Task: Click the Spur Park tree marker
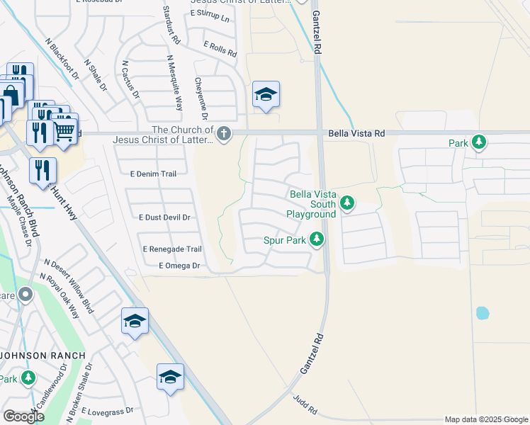[x=317, y=240]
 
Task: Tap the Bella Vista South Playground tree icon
[x=346, y=204]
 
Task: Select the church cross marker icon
[x=224, y=134]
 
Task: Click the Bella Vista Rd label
[x=356, y=133]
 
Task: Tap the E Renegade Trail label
[x=172, y=249]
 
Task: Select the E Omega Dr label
[x=180, y=266]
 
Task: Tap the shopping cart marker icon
[x=64, y=130]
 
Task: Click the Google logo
[x=23, y=416]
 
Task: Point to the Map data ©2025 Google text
[x=485, y=419]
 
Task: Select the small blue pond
[x=483, y=312]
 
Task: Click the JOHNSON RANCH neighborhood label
[x=43, y=355]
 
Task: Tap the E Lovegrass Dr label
[x=107, y=411]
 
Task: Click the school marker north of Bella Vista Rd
[x=266, y=94]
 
